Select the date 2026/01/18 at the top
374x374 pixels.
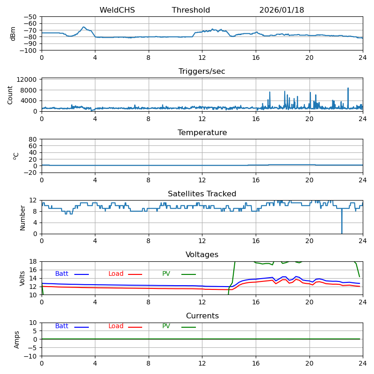coord(281,10)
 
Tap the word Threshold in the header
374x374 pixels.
coord(191,10)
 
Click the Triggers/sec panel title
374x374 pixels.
coord(202,72)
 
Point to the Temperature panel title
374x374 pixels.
coord(202,133)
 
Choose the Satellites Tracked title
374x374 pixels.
coord(202,194)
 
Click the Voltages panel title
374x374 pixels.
coord(202,255)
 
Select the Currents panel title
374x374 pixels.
coord(202,316)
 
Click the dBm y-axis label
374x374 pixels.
coord(13,34)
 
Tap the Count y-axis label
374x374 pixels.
coord(10,95)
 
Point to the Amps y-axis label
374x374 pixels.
coord(17,339)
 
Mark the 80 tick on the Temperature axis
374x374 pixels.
coord(34,139)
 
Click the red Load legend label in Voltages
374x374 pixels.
coord(116,274)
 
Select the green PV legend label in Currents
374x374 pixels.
coord(166,326)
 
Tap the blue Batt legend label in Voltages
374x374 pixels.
coord(62,274)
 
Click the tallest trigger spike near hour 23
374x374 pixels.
coord(348,88)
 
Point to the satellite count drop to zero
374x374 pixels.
coord(342,232)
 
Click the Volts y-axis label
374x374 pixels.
coord(22,278)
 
